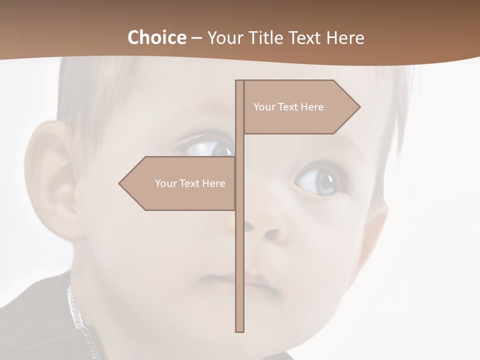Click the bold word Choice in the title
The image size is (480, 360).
156,37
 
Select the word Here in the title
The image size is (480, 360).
345,37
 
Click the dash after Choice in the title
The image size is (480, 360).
196,38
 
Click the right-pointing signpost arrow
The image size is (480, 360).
300,106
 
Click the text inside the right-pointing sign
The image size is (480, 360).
288,107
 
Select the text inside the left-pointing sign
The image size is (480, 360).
190,183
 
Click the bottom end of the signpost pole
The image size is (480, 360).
240,330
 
